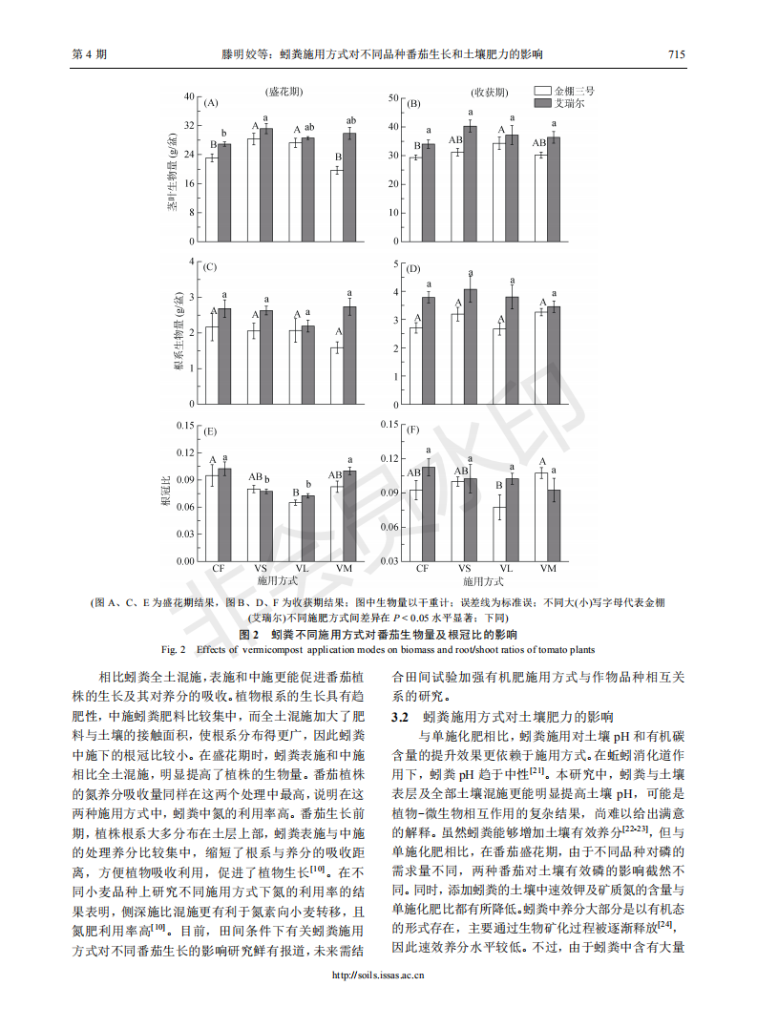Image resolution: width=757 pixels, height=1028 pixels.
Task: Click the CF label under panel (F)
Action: tap(422, 568)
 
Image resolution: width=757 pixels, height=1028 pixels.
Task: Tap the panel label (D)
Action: tap(413, 269)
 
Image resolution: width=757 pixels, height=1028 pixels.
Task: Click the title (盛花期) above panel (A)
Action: tap(284, 92)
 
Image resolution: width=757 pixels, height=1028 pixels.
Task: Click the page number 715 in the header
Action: tap(677, 54)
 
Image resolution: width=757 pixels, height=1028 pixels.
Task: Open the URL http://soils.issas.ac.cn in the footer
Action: tap(378, 976)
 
